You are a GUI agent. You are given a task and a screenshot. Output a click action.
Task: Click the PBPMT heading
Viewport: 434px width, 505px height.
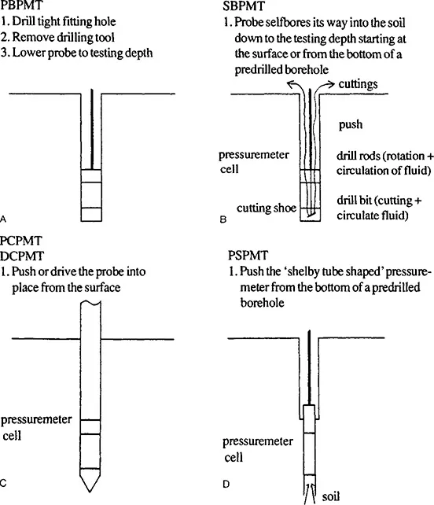(21, 5)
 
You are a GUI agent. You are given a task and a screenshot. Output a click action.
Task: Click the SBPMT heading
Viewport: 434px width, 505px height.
(244, 6)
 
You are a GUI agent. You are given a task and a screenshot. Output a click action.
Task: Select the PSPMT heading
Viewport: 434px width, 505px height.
(248, 256)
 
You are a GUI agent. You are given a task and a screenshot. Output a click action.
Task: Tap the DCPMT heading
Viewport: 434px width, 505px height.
(22, 256)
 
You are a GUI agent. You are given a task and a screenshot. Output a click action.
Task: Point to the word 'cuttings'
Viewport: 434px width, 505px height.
(358, 84)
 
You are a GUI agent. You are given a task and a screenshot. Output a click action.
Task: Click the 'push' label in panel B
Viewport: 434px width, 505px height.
(351, 125)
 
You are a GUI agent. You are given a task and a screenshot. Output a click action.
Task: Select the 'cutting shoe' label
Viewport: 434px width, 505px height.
(267, 208)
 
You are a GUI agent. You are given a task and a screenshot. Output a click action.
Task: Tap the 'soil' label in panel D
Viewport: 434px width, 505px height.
(331, 496)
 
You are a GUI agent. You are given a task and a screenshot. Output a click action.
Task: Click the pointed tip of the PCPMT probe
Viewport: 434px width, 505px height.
(90, 492)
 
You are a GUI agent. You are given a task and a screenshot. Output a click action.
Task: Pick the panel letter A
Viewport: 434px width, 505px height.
(3, 219)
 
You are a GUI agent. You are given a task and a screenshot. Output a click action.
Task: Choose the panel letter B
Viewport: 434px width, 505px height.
(223, 219)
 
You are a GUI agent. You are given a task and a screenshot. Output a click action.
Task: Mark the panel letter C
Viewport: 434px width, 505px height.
(3, 483)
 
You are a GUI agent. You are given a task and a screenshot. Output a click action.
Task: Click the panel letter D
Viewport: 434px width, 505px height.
(226, 484)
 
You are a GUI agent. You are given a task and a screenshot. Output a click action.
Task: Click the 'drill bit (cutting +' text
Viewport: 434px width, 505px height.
(379, 201)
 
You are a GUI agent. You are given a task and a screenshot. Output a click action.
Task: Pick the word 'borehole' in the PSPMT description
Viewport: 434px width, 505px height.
(262, 303)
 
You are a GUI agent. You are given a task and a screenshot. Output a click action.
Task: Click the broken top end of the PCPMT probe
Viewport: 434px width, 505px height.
(90, 302)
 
